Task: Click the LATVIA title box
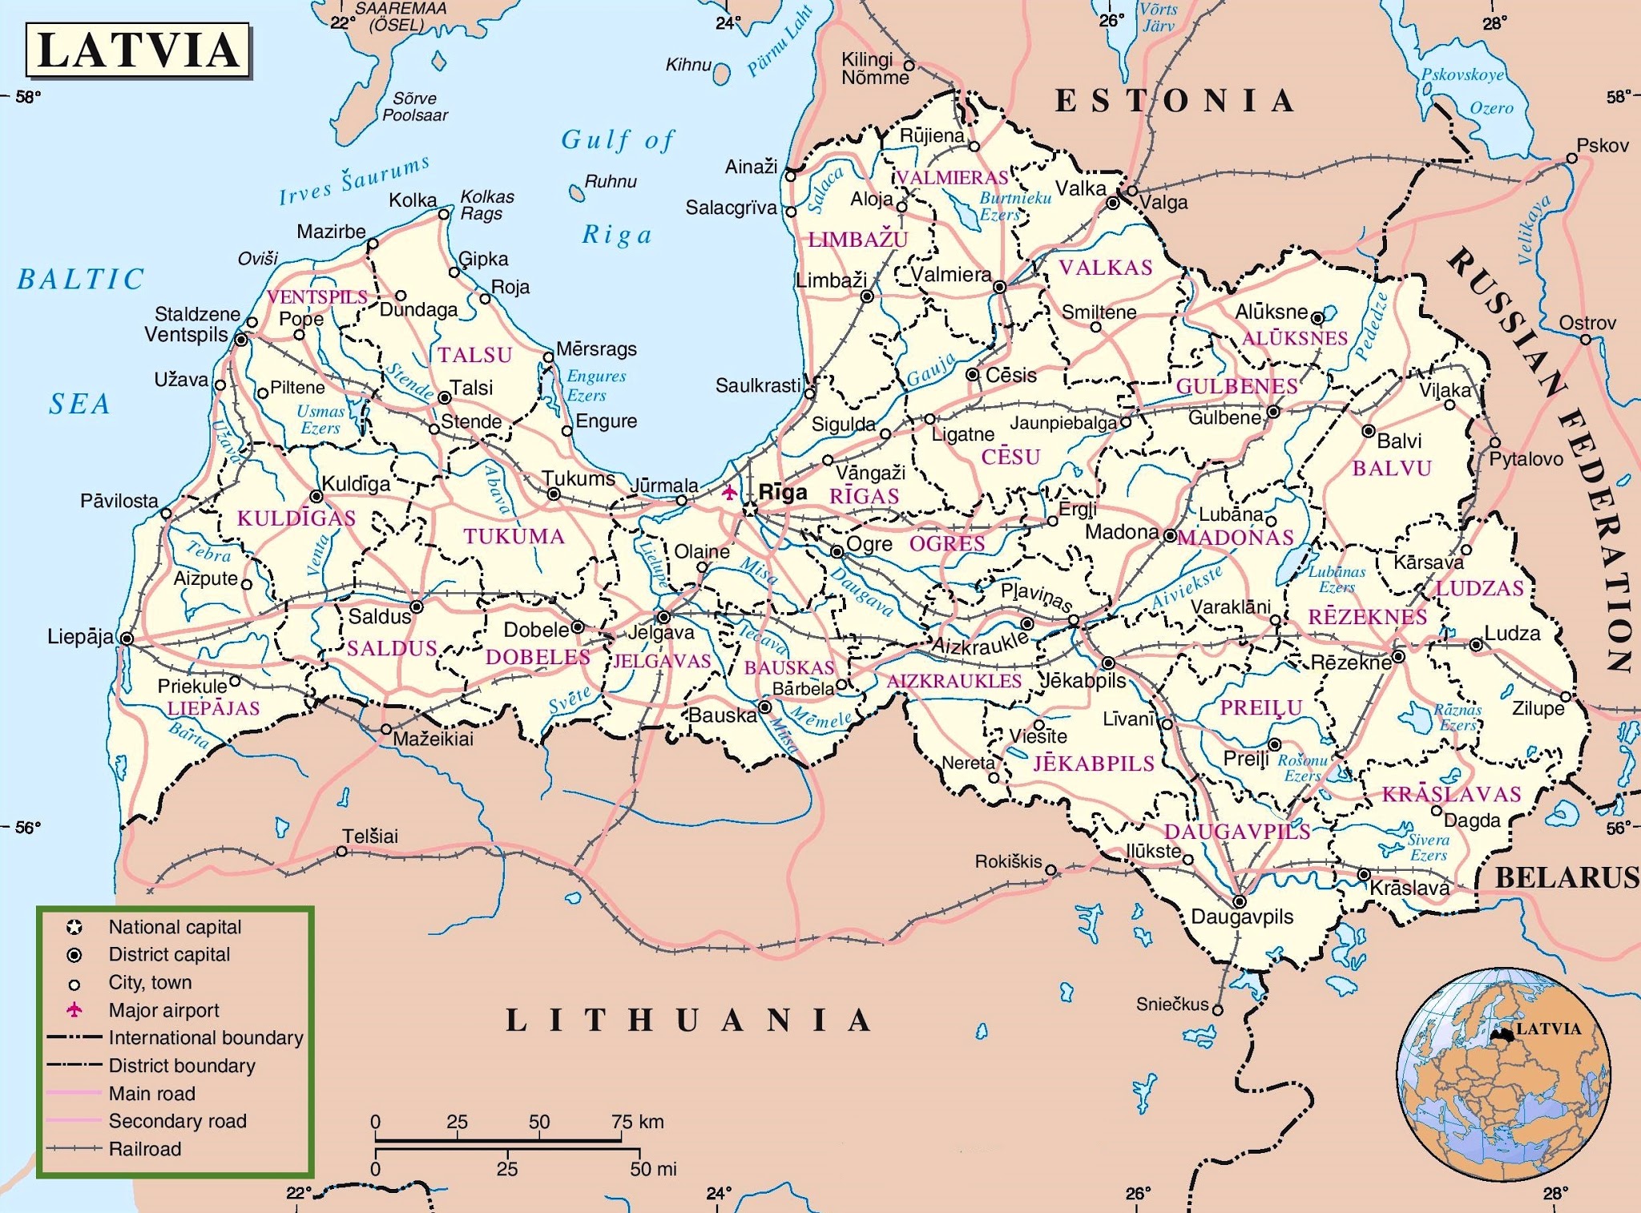pos(138,50)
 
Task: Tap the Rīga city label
pos(782,492)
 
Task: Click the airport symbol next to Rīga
pos(728,492)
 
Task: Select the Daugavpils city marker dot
pos(1239,901)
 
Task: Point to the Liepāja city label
pos(80,637)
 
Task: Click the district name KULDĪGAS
pos(296,518)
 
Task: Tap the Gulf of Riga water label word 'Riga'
pos(616,235)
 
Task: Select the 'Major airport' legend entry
pos(163,1010)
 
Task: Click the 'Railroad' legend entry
pos(145,1149)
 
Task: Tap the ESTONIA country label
pos(1175,101)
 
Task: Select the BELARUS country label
pos(1566,877)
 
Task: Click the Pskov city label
pos(1603,146)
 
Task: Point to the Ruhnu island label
pos(611,182)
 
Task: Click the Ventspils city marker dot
pos(240,341)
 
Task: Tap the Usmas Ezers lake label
pos(321,419)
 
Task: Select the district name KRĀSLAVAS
pos(1450,794)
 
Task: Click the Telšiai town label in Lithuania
pos(370,836)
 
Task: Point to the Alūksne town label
pos(1271,312)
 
